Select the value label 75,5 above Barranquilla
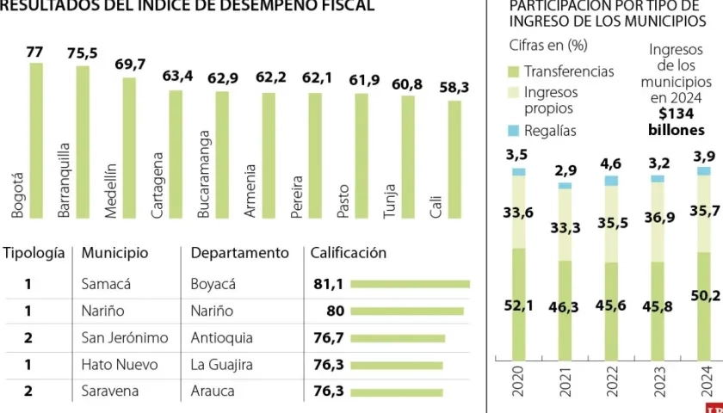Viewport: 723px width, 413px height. (x=82, y=53)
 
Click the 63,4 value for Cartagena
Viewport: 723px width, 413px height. (x=176, y=77)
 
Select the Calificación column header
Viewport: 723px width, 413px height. (x=348, y=253)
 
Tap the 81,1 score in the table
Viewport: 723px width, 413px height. (x=328, y=284)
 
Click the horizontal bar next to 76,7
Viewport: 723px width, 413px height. (x=398, y=338)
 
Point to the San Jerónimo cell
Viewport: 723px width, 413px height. (x=124, y=338)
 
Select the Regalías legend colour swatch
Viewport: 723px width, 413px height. (x=513, y=131)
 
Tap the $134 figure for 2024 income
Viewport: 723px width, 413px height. (x=676, y=114)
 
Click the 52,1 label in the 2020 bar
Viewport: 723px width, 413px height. (x=518, y=305)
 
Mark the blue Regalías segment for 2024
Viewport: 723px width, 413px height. (x=704, y=170)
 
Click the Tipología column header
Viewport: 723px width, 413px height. (x=34, y=253)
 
